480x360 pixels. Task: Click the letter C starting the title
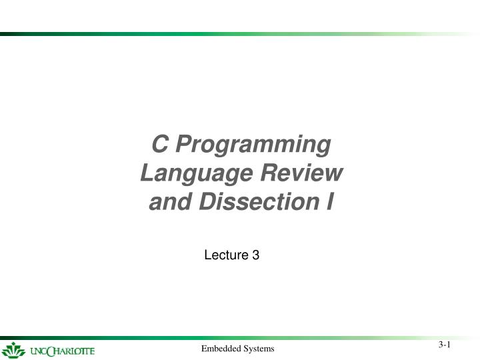click(x=159, y=144)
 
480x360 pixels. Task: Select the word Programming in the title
click(x=253, y=145)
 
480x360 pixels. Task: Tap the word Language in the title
click(x=185, y=173)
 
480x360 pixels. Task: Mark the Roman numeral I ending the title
click(x=329, y=201)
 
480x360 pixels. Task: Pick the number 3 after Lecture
click(x=255, y=254)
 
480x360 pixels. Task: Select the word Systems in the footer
click(x=259, y=349)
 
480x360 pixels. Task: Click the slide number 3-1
click(x=445, y=345)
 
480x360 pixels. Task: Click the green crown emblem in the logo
click(x=13, y=350)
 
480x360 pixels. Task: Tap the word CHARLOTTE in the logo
click(x=71, y=351)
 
